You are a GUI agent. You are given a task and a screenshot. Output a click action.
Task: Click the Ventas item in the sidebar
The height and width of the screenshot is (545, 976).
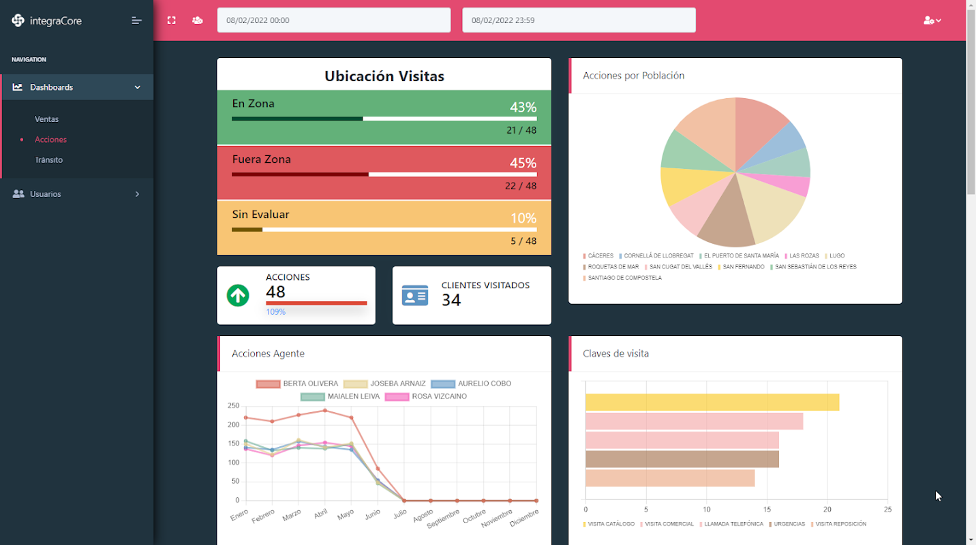point(46,119)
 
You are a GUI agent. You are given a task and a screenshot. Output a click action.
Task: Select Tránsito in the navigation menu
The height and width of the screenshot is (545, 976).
point(48,160)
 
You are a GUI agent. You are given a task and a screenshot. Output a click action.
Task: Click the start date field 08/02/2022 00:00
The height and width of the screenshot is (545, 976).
point(333,20)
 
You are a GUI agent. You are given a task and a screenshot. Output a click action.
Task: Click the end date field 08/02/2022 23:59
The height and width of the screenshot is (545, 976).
point(579,20)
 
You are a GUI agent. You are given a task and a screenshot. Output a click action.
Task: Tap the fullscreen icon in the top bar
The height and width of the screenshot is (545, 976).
point(171,20)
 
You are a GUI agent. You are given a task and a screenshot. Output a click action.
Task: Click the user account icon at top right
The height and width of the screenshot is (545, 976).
point(931,20)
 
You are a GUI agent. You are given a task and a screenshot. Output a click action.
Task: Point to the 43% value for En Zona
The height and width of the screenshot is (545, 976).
point(523,108)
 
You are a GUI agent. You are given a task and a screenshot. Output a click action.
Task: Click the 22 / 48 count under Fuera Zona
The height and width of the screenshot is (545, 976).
point(521,186)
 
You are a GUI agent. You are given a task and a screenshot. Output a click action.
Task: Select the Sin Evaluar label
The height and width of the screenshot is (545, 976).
point(260,215)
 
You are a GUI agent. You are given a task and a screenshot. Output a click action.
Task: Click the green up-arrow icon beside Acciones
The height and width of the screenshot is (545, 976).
point(238,296)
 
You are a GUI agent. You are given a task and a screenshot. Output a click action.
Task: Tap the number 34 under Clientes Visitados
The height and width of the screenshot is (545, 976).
point(451,300)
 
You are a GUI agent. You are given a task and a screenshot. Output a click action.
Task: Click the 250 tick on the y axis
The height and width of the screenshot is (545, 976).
point(233,406)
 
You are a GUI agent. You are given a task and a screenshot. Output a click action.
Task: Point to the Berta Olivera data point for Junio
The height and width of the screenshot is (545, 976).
point(378,469)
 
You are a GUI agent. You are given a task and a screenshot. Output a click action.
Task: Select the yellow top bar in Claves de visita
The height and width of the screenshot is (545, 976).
point(712,403)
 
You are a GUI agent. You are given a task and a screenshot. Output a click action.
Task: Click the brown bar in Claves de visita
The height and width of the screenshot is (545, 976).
point(682,459)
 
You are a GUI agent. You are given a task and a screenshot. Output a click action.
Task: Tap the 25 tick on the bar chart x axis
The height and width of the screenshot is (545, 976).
point(887,510)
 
